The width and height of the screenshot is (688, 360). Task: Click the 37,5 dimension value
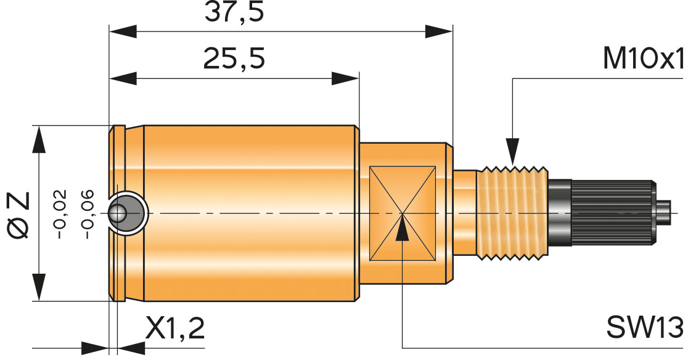coord(234,12)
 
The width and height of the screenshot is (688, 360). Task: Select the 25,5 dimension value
coord(234,59)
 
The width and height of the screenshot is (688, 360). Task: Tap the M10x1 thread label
coord(644,59)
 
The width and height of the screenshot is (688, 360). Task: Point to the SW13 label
coord(645,327)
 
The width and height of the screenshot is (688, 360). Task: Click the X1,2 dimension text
coord(175,330)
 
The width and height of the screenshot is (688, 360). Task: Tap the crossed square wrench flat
coord(402,213)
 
